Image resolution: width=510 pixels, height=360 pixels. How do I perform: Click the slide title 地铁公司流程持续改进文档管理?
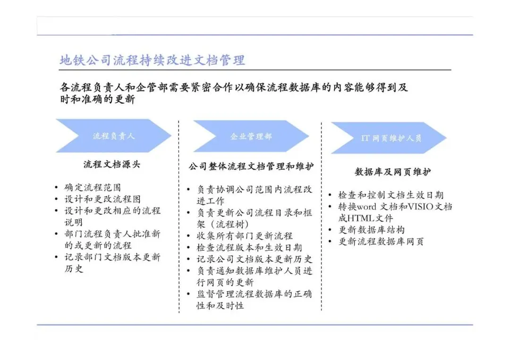click(152, 60)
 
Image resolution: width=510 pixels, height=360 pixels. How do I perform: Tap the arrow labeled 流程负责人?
click(113, 136)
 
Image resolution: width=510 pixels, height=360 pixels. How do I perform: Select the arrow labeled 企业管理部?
click(251, 136)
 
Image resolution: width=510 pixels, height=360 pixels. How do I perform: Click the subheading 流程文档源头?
click(111, 165)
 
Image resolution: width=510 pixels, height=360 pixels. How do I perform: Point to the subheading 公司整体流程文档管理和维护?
click(251, 167)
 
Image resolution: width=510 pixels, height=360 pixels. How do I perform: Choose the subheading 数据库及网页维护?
click(392, 172)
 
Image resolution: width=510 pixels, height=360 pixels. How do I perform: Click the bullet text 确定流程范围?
click(93, 188)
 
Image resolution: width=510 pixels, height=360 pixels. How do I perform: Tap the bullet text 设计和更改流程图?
click(102, 199)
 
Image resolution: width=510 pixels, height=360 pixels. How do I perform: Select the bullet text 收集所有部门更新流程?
click(245, 236)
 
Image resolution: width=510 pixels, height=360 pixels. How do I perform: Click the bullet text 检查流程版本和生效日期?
click(249, 248)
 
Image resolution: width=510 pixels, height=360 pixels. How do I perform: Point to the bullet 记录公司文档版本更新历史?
click(255, 259)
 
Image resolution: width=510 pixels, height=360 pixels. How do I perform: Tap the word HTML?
click(362, 218)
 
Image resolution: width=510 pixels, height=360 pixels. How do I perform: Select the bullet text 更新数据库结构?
click(371, 230)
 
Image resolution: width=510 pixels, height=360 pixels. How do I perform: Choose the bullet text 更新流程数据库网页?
click(381, 242)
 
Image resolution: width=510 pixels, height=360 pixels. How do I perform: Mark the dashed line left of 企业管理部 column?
click(179, 217)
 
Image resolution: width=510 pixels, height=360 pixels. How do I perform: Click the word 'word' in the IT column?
click(372, 207)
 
